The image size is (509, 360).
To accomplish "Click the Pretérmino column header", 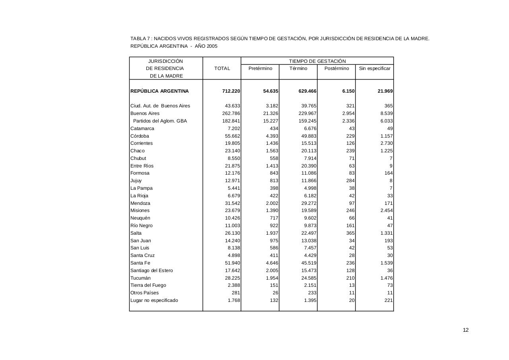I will (x=260, y=68).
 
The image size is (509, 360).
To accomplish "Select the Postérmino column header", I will (x=336, y=68).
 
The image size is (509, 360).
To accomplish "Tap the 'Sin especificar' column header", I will (x=375, y=68).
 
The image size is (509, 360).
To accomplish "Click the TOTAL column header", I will (x=222, y=68).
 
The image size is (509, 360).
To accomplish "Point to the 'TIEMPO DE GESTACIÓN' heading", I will (x=317, y=61).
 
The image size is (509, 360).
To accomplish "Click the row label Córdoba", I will (x=140, y=136).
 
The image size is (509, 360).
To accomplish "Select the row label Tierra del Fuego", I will (x=148, y=285).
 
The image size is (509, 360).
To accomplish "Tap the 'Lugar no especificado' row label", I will (x=154, y=300).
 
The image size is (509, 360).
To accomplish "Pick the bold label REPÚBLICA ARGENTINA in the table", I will (x=159, y=91).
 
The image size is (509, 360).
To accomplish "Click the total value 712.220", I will (x=231, y=91).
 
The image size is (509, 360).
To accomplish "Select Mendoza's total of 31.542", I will (x=233, y=203).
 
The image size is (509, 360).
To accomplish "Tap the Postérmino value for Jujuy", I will (x=350, y=181).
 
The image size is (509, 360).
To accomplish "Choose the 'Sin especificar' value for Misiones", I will (x=387, y=210).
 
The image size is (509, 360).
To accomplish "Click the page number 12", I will (x=466, y=330).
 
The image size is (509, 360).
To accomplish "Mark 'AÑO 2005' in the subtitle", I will (x=206, y=46).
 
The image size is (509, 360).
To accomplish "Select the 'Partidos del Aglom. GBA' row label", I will (x=160, y=121).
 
